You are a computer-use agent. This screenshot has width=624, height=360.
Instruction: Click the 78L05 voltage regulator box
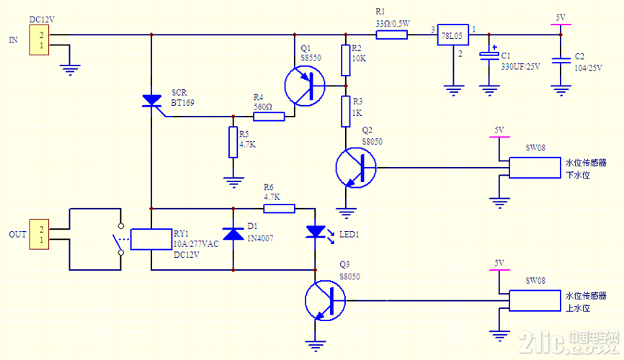click(x=453, y=35)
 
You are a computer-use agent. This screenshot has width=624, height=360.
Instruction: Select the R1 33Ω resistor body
click(x=391, y=35)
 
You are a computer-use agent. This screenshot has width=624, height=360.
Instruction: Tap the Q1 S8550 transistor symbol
click(x=305, y=86)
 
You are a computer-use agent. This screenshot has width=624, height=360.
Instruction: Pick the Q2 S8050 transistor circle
click(x=356, y=168)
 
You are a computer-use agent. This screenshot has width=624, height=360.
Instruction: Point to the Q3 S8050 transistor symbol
click(x=325, y=301)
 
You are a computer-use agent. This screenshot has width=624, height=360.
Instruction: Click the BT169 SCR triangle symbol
click(x=151, y=101)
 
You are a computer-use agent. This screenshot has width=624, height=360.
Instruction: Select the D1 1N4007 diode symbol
click(x=233, y=234)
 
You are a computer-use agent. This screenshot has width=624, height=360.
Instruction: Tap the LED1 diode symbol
click(x=316, y=232)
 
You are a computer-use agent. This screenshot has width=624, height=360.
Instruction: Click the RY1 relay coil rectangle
click(x=151, y=240)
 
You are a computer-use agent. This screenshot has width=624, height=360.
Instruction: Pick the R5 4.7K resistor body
click(x=233, y=143)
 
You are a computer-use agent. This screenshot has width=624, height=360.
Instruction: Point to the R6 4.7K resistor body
click(x=280, y=209)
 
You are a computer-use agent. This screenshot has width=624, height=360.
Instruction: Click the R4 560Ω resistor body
click(x=269, y=117)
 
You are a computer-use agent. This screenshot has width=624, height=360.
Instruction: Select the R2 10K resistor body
click(x=346, y=60)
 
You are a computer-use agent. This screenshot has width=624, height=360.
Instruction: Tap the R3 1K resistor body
click(x=346, y=112)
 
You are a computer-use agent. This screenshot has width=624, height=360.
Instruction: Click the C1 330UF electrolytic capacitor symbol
click(x=489, y=55)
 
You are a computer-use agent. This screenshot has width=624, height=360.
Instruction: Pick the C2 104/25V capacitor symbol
click(x=561, y=60)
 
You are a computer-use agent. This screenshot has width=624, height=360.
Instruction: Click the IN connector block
click(x=39, y=40)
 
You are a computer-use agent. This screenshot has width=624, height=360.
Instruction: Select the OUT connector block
click(x=39, y=234)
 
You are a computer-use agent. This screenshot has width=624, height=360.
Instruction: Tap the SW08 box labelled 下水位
click(x=535, y=168)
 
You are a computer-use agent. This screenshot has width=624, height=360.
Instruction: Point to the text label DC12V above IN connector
click(x=42, y=19)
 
